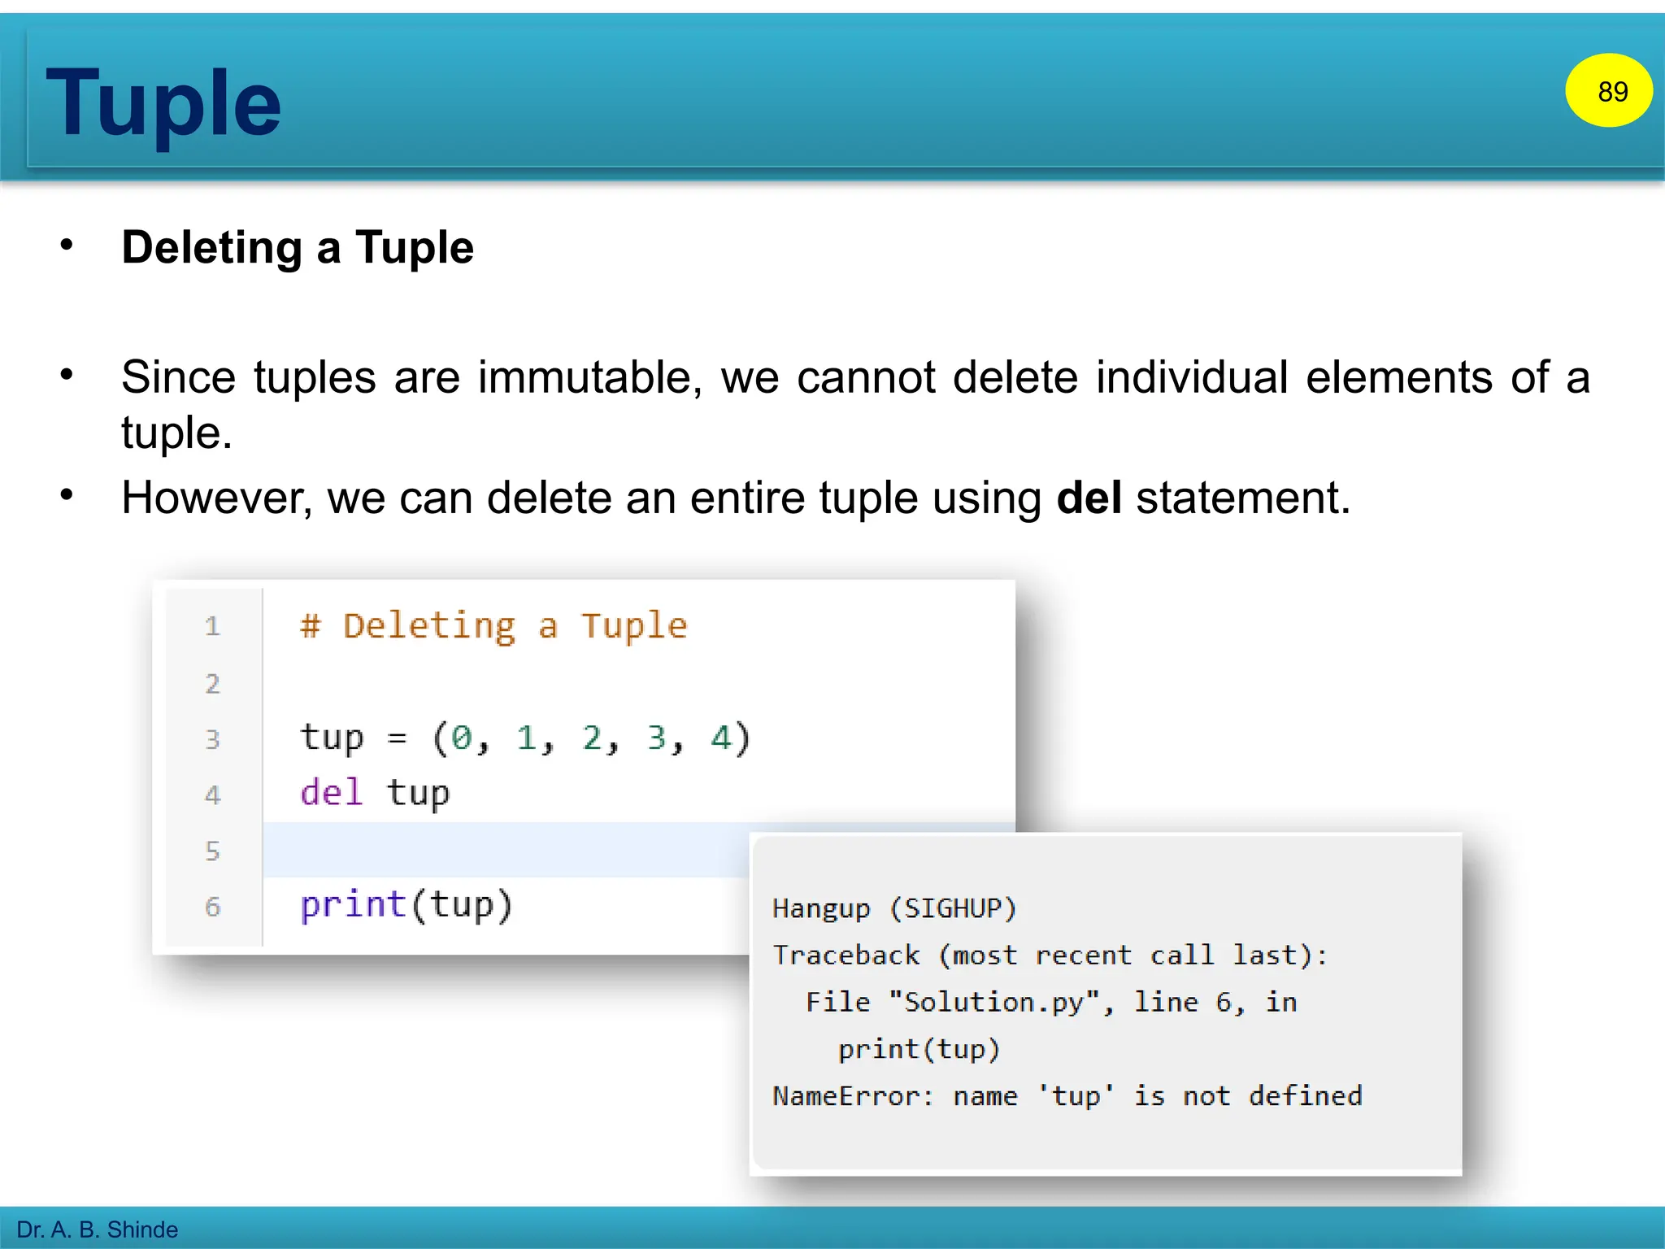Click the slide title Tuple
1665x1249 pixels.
163,104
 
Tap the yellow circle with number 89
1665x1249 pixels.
1608,91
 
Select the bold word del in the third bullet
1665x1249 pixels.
1089,498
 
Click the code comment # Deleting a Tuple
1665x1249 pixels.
493,626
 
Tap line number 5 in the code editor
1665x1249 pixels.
212,851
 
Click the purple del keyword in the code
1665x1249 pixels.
331,793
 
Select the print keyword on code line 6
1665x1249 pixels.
353,904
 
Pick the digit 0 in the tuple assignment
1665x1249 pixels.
462,738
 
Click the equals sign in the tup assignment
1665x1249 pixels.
397,738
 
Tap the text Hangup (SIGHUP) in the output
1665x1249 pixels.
894,908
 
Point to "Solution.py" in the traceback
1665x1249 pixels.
1000,1002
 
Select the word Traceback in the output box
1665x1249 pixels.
846,955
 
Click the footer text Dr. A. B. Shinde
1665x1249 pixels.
98,1229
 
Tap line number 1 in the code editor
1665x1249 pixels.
212,626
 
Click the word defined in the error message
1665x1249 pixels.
1305,1096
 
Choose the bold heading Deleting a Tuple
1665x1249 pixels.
298,248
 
